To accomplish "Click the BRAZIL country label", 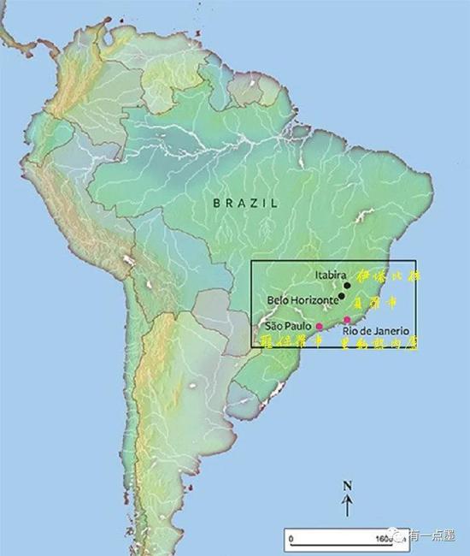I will (x=246, y=203).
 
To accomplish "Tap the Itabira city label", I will (x=330, y=275).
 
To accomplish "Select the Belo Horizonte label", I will (x=302, y=300).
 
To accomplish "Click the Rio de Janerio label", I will (x=377, y=330).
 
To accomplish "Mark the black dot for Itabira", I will (x=348, y=285).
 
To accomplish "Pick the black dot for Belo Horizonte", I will (x=342, y=296).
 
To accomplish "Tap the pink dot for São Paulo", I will (x=320, y=326).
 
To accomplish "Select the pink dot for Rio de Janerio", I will (x=346, y=320).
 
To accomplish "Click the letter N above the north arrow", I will (x=347, y=486).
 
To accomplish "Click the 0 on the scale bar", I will (x=291, y=538).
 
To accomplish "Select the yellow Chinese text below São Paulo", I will (x=291, y=341).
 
